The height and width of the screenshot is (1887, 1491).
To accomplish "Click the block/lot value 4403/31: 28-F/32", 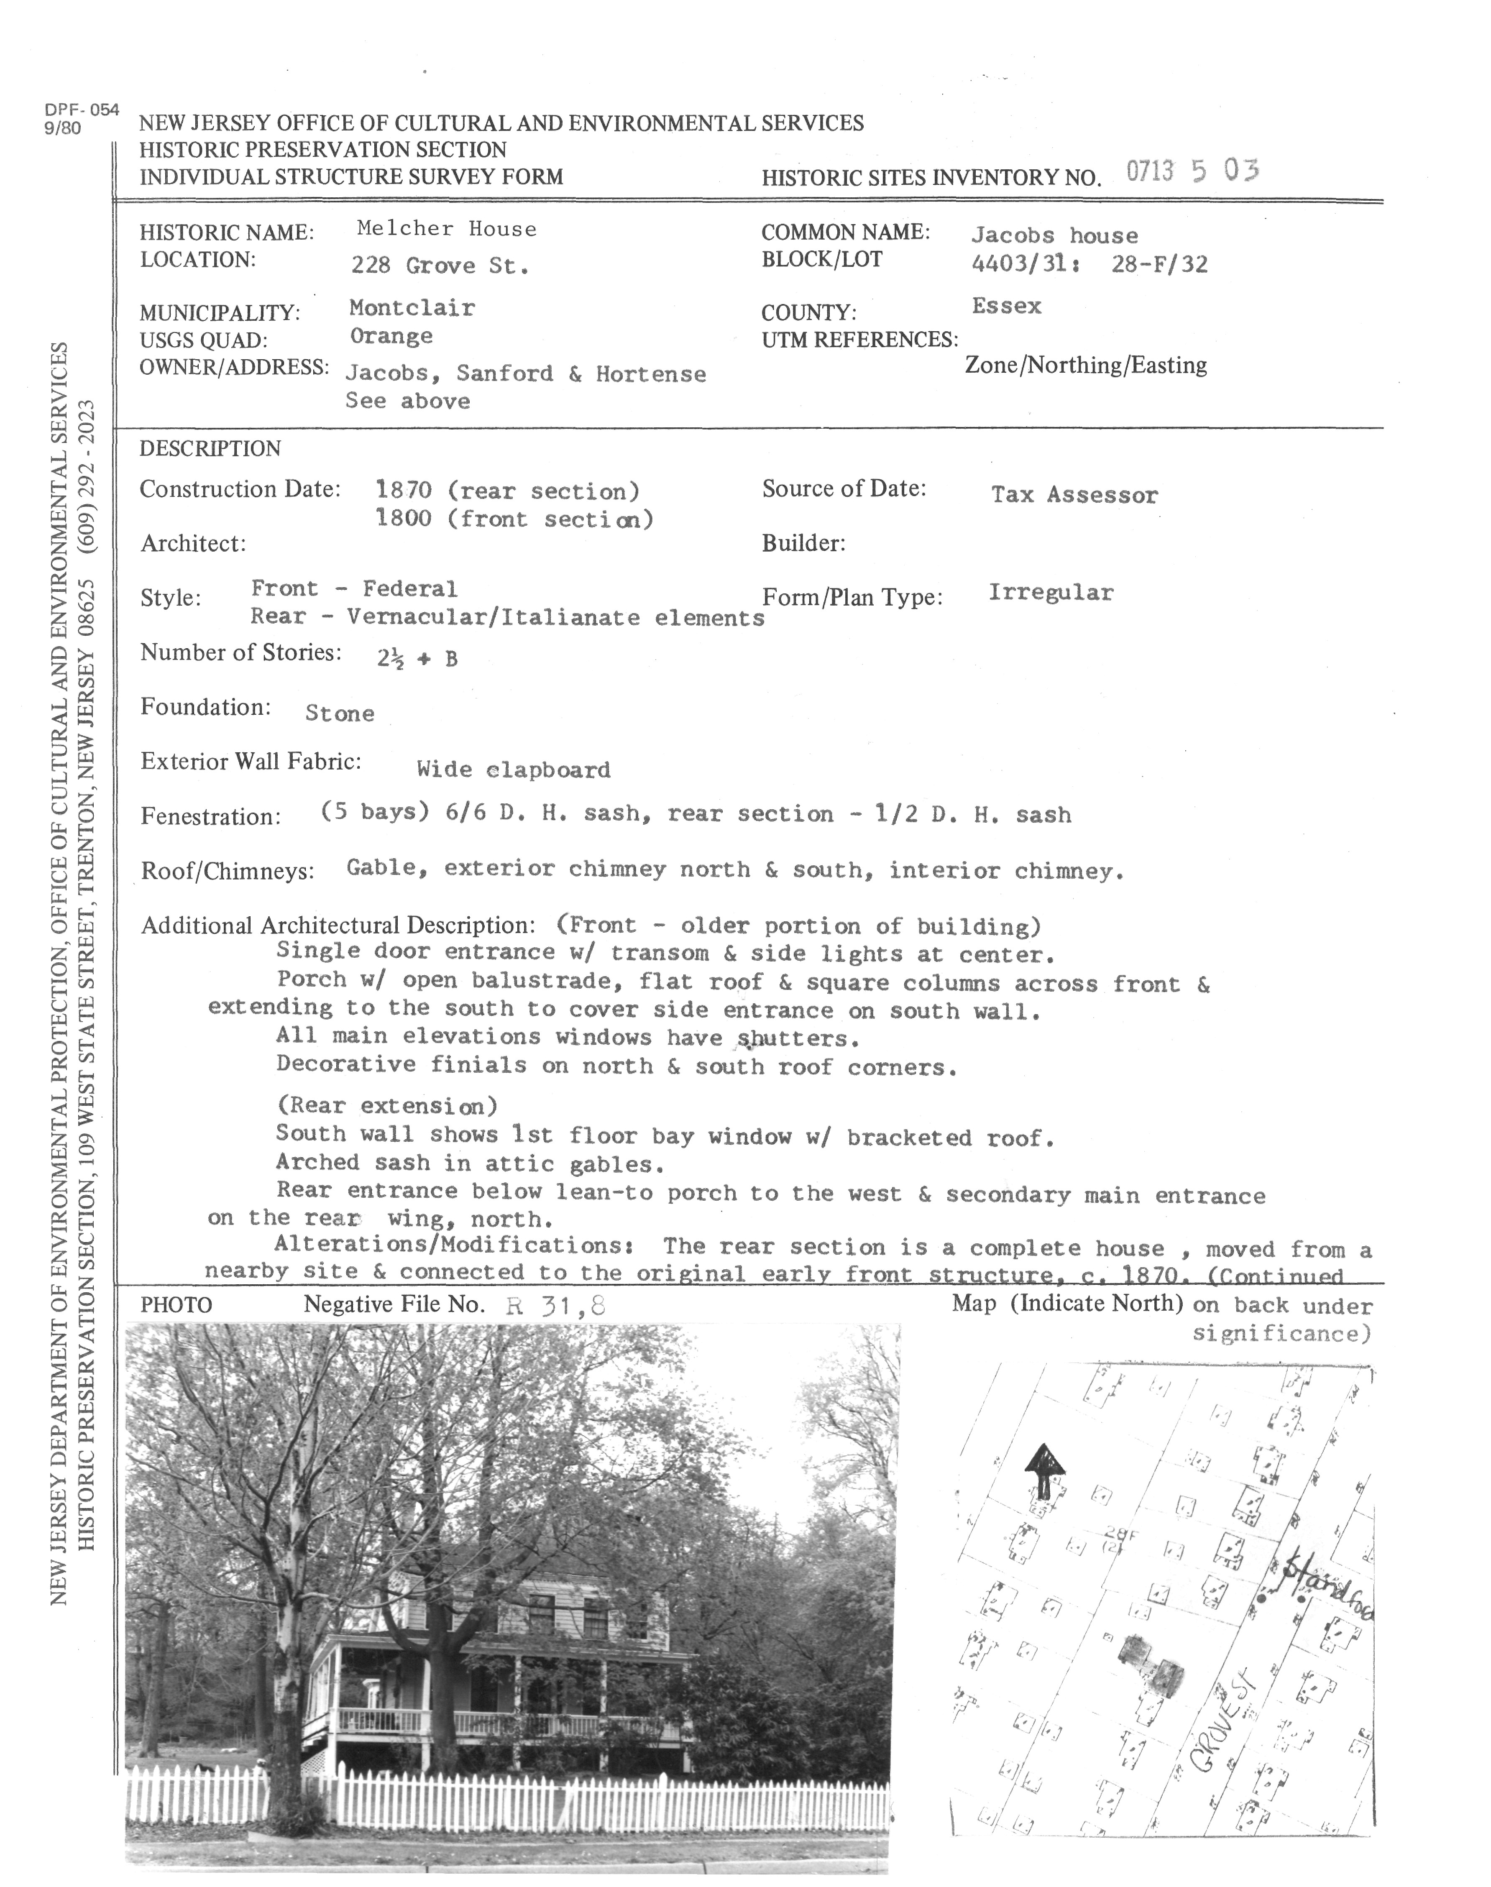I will tap(1089, 263).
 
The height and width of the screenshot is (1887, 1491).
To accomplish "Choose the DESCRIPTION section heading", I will tap(210, 449).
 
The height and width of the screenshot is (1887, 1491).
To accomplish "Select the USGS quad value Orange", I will tap(391, 336).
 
